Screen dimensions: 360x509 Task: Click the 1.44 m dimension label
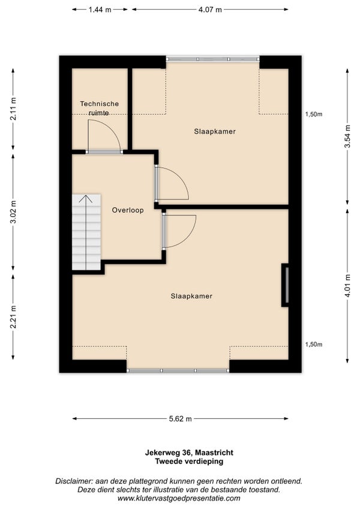pyautogui.click(x=100, y=10)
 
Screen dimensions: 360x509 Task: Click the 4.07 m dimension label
pyautogui.click(x=210, y=10)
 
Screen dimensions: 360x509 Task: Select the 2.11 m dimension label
pyautogui.click(x=13, y=109)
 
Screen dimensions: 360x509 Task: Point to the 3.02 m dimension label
pyautogui.click(x=13, y=212)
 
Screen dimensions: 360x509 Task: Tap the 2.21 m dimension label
pyautogui.click(x=13, y=317)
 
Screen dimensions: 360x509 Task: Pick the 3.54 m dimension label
pyautogui.click(x=347, y=136)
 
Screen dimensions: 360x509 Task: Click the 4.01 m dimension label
pyautogui.click(x=347, y=286)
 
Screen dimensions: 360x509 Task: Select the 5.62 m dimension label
pyautogui.click(x=180, y=419)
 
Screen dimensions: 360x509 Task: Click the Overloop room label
pyautogui.click(x=128, y=210)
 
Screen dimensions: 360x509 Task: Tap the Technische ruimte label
pyautogui.click(x=100, y=108)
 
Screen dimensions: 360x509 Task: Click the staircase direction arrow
pyautogui.click(x=86, y=232)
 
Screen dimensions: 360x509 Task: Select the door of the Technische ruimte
pyautogui.click(x=104, y=136)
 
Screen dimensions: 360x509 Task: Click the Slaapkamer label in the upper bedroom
pyautogui.click(x=215, y=131)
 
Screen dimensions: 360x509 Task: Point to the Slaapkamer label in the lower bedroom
pyautogui.click(x=191, y=296)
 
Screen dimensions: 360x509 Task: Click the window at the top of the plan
pyautogui.click(x=212, y=59)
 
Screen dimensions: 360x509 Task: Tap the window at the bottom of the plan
pyautogui.click(x=178, y=370)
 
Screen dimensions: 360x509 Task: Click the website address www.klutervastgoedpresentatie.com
pyautogui.click(x=179, y=498)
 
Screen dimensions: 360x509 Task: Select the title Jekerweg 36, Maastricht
pyautogui.click(x=189, y=453)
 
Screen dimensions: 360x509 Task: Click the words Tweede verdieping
pyautogui.click(x=189, y=461)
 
